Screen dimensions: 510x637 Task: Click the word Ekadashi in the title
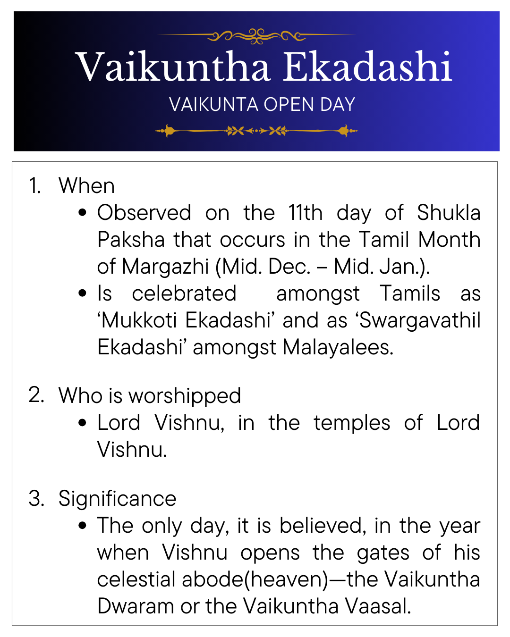tap(367, 67)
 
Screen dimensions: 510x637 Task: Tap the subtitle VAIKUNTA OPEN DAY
tap(262, 104)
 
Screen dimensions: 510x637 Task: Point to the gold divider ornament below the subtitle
tap(256, 131)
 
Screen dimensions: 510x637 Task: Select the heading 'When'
tap(86, 185)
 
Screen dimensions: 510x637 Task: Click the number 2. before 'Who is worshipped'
tap(36, 395)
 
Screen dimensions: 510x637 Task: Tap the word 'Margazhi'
tap(166, 267)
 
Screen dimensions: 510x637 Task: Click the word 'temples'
tap(352, 423)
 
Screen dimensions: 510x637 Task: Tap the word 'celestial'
tap(136, 579)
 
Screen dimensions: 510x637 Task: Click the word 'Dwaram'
tap(136, 606)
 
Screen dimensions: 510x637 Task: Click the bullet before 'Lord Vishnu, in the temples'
tap(82, 423)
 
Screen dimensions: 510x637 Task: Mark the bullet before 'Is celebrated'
tap(82, 293)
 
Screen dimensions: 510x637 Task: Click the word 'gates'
tap(383, 553)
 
